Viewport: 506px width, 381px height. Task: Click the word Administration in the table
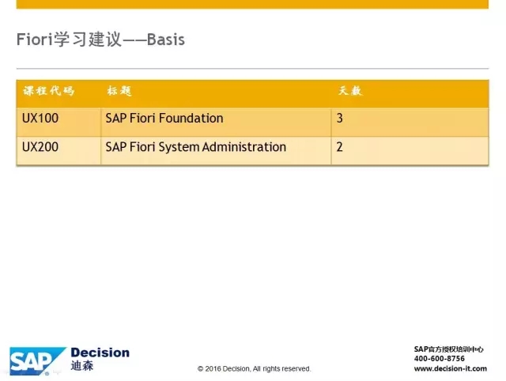pyautogui.click(x=244, y=147)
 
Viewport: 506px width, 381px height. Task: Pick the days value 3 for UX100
pyautogui.click(x=339, y=118)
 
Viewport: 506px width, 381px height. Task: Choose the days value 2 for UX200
pyautogui.click(x=339, y=147)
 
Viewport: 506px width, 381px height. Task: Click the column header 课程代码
pyautogui.click(x=48, y=91)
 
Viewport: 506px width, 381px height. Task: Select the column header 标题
pyautogui.click(x=119, y=91)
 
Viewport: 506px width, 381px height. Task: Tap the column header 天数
pyautogui.click(x=350, y=91)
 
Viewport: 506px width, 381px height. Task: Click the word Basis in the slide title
pyautogui.click(x=166, y=40)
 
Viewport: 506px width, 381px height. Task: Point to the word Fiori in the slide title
pyautogui.click(x=35, y=40)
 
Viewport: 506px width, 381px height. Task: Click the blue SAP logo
pyautogui.click(x=37, y=361)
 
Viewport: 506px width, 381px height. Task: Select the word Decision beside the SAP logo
pyautogui.click(x=100, y=353)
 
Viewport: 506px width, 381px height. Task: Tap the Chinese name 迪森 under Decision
pyautogui.click(x=82, y=366)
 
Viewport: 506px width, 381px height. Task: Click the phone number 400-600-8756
pyautogui.click(x=440, y=358)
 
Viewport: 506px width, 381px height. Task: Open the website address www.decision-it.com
pyautogui.click(x=451, y=368)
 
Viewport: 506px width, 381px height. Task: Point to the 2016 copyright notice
pyautogui.click(x=255, y=368)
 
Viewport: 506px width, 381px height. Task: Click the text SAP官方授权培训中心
pyautogui.click(x=449, y=349)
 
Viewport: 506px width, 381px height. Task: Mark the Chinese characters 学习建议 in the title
pyautogui.click(x=88, y=40)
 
